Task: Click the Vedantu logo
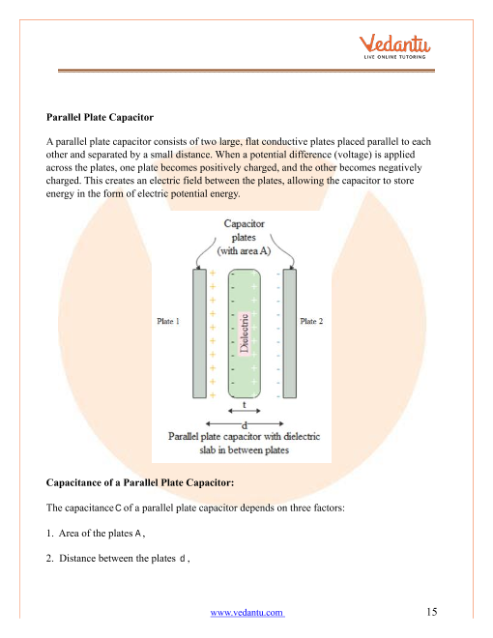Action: point(394,46)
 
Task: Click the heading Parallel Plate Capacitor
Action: point(100,118)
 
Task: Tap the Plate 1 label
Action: point(168,321)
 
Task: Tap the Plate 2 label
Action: point(311,321)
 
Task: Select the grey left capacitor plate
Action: point(199,333)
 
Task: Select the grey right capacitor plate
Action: point(290,333)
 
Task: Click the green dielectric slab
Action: point(244,333)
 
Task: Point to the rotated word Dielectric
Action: point(244,333)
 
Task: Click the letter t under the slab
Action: point(244,405)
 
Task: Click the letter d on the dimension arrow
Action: point(245,425)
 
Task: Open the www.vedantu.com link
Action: point(246,612)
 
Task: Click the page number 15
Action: point(432,612)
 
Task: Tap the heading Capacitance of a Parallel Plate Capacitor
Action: point(140,483)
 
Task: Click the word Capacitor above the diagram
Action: point(244,224)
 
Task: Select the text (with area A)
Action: point(244,251)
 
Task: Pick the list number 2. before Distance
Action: point(50,559)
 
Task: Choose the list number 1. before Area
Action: point(50,534)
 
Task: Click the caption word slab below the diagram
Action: point(208,450)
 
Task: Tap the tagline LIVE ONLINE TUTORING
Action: point(394,57)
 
